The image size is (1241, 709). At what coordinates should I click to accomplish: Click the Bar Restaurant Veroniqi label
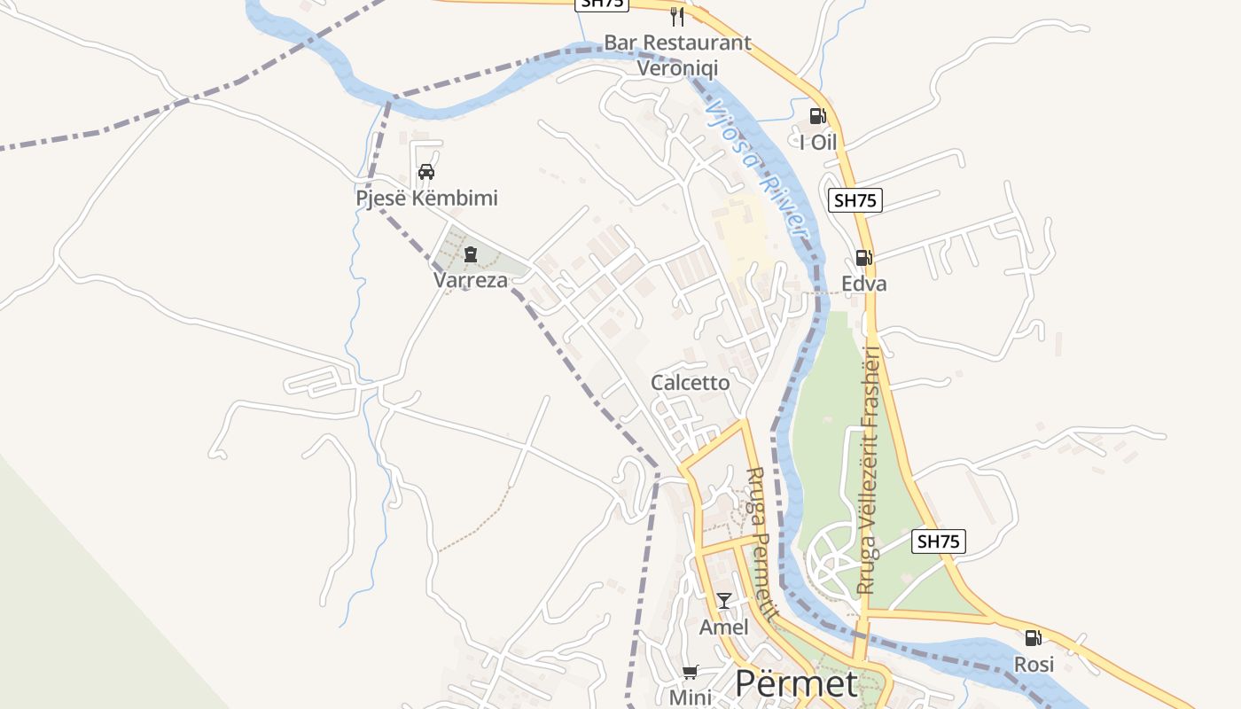click(677, 55)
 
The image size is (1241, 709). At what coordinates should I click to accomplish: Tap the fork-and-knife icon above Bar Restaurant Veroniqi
click(677, 16)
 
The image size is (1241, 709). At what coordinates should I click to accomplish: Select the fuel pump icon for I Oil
click(818, 116)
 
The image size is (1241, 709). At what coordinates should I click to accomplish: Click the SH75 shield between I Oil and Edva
click(855, 200)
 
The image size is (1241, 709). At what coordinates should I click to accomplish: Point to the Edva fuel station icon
click(863, 258)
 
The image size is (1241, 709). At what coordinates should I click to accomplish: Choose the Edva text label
click(864, 284)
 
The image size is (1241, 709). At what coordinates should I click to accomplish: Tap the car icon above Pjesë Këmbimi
click(426, 172)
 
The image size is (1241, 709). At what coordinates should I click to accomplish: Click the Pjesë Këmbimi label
click(426, 198)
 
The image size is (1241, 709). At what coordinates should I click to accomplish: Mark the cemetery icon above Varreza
click(470, 254)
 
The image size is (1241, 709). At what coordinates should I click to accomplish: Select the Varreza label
click(470, 280)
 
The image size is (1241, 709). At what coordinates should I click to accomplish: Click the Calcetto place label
click(691, 382)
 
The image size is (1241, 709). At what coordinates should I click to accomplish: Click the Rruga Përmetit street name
click(762, 544)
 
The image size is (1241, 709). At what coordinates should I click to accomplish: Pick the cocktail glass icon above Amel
click(724, 601)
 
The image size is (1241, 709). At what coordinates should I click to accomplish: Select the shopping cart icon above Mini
click(691, 672)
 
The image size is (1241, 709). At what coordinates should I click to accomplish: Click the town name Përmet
click(796, 684)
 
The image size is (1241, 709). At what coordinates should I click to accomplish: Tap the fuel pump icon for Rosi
click(1034, 637)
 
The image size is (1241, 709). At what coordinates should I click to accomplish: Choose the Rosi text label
click(1034, 664)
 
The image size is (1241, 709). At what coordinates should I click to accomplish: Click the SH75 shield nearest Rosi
click(939, 541)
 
